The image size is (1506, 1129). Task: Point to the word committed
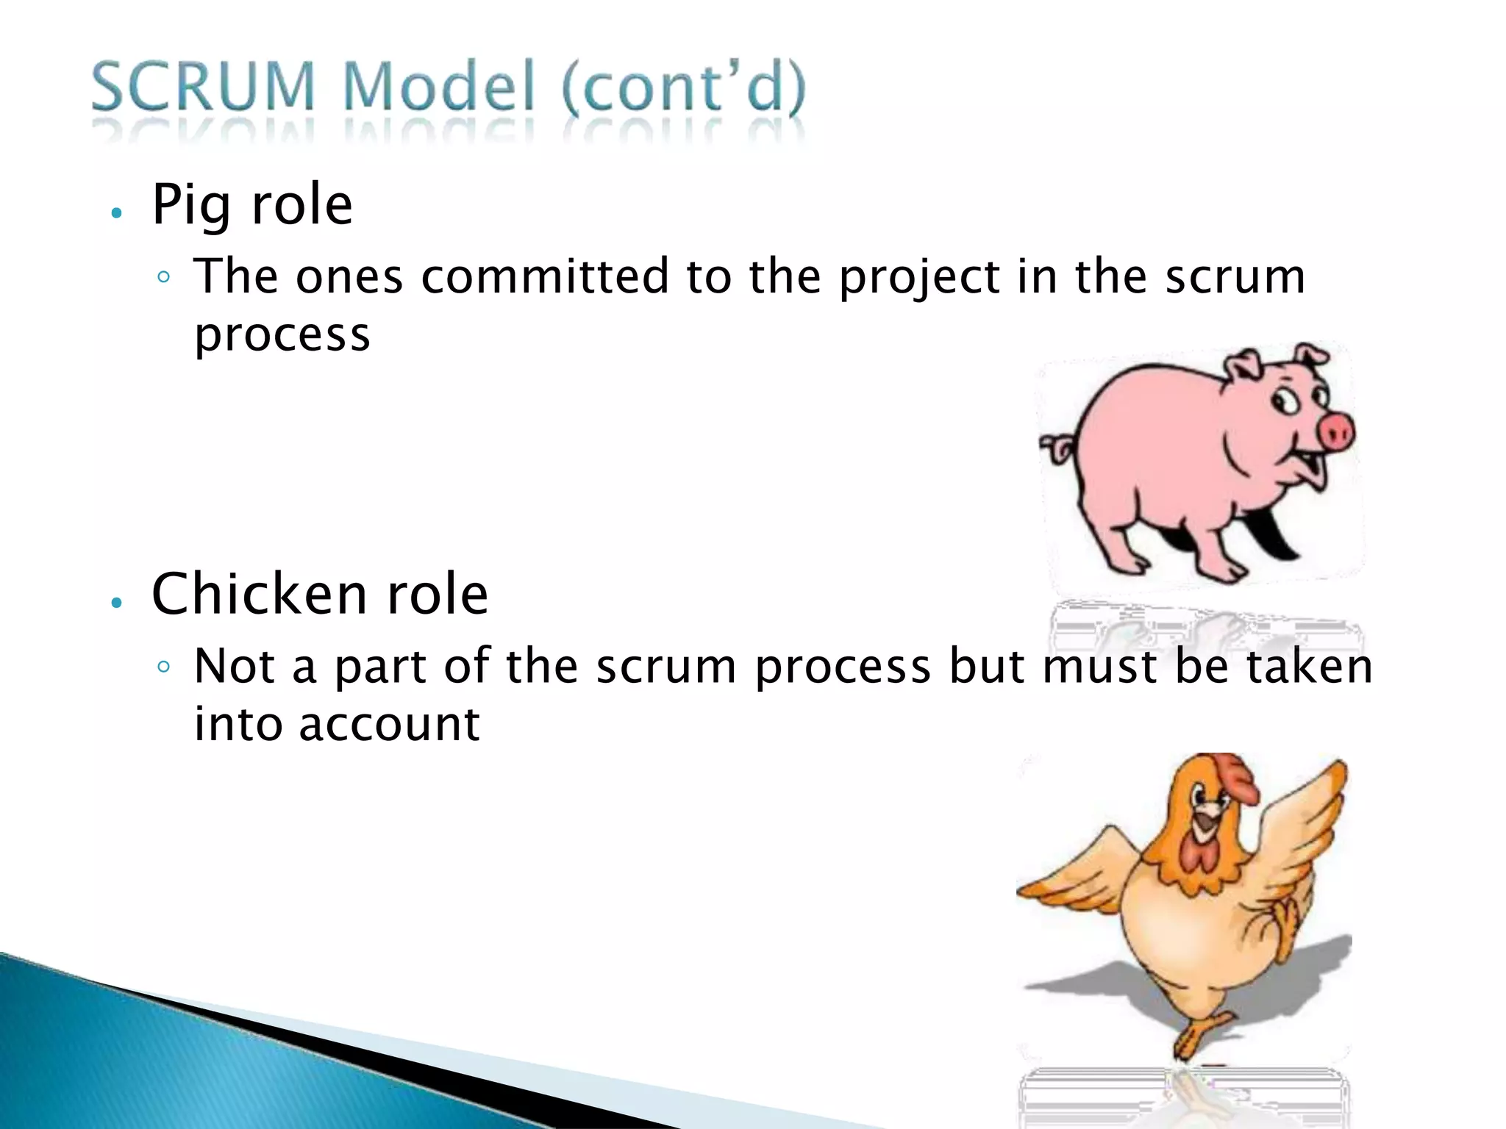point(545,277)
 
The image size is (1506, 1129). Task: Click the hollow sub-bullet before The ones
point(164,278)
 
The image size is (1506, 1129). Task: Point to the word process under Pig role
point(282,337)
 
